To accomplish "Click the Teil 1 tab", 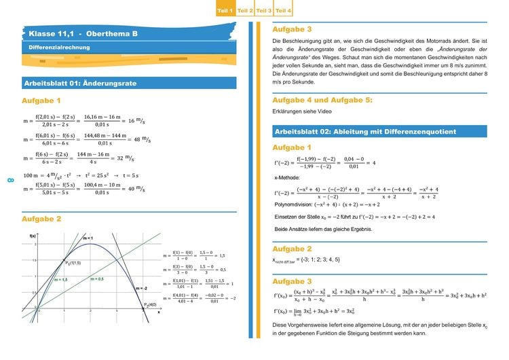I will click(225, 12).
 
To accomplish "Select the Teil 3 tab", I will click(265, 12).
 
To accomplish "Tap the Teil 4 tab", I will click(284, 12).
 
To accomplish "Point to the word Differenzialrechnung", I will click(59, 48).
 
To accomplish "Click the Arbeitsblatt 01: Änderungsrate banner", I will click(80, 84).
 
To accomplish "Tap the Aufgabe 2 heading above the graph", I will click(41, 219).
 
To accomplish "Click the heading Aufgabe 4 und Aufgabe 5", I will click(322, 100).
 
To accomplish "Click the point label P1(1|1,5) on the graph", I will click(74, 262).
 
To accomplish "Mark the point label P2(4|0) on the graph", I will click(150, 304).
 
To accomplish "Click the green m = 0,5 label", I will click(97, 278).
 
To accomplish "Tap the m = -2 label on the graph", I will click(141, 288).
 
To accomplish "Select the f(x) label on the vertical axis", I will click(32, 235).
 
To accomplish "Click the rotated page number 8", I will click(10, 180).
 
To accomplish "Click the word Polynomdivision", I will click(294, 203).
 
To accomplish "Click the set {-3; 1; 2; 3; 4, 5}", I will click(322, 259).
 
